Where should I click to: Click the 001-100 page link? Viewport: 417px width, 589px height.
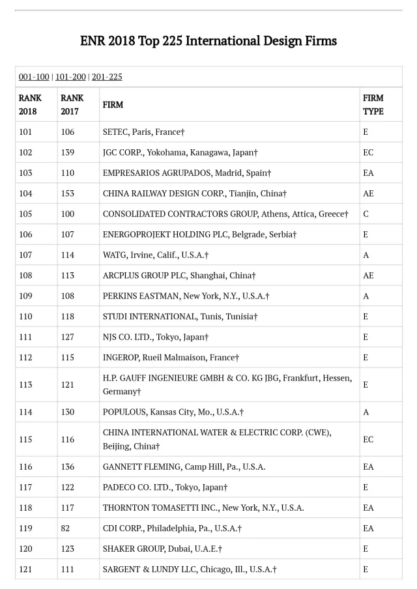pos(34,77)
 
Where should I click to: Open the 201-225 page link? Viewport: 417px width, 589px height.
pos(107,77)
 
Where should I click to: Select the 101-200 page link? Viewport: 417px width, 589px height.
pos(70,77)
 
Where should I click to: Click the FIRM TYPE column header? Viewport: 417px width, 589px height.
pos(373,104)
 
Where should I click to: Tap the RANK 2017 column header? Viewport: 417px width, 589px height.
pos(72,104)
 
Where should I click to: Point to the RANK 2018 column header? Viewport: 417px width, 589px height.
pos(30,104)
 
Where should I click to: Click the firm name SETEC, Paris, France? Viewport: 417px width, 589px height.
pos(143,132)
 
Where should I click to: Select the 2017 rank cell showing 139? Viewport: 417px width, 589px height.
pos(68,152)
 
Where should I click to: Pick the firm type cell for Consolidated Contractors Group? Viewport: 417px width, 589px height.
pos(366,214)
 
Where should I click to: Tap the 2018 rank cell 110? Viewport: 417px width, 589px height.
pos(25,317)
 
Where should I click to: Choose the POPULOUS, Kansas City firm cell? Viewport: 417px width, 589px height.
pos(173,412)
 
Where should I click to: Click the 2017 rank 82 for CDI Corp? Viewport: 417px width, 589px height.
pos(65,528)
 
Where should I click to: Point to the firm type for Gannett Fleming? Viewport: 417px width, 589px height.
pos(368,467)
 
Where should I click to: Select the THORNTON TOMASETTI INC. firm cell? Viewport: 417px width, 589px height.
pos(203,508)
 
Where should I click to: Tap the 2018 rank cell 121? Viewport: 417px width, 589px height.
pos(25,569)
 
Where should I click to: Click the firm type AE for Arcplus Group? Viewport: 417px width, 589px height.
pos(368,276)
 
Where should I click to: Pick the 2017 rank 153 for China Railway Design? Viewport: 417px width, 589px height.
pos(68,194)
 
